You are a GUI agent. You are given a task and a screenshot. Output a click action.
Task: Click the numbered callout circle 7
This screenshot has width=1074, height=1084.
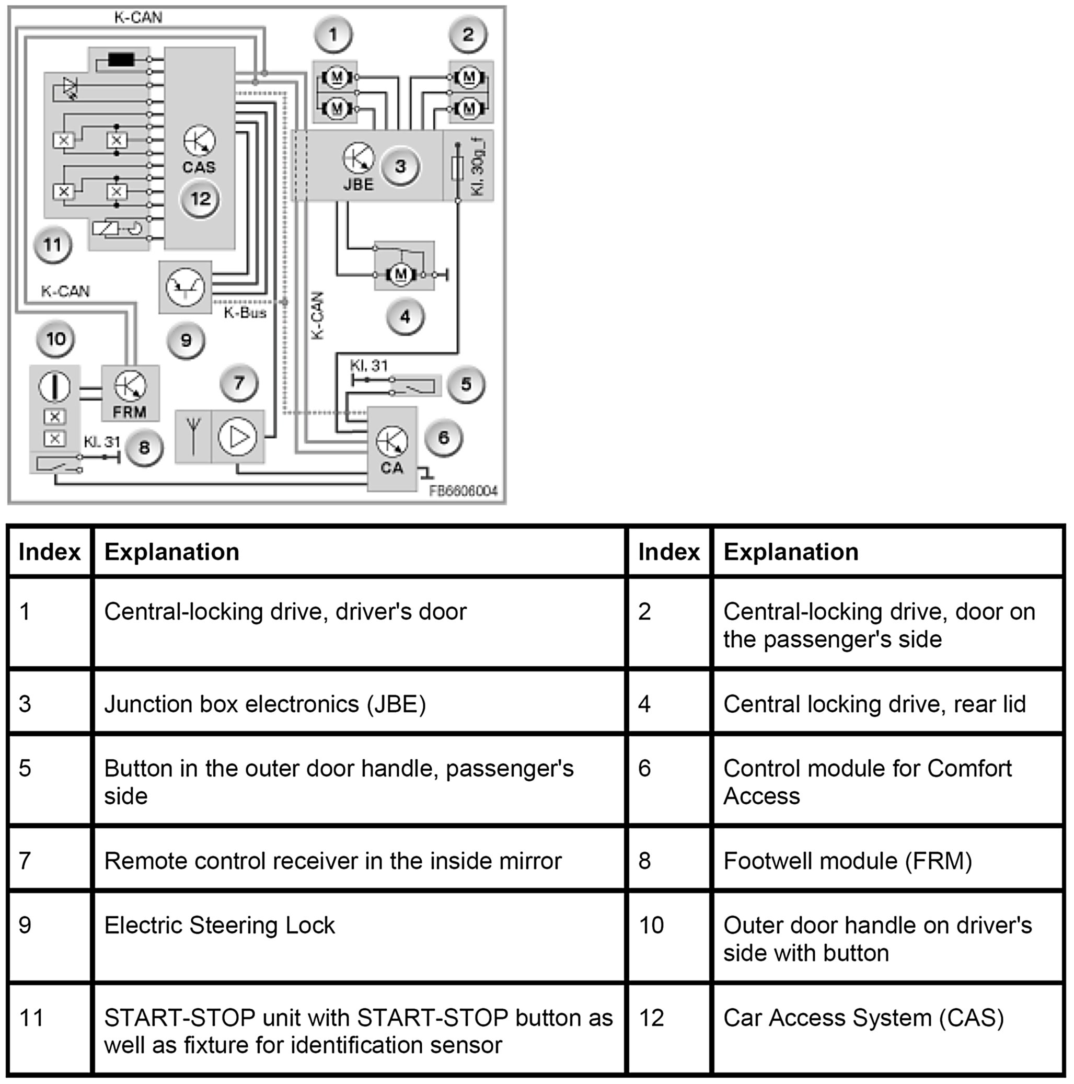point(239,383)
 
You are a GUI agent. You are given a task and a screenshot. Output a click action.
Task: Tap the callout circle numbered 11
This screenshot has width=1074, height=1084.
point(53,245)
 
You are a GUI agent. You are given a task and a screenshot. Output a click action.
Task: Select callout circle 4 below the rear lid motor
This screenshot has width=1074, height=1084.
point(405,317)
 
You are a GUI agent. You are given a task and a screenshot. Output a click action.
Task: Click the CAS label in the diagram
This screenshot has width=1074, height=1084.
point(199,167)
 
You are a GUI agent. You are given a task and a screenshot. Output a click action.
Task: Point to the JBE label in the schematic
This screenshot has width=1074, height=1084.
point(359,185)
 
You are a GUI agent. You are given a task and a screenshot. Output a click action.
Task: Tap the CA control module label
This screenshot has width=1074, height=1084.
point(391,468)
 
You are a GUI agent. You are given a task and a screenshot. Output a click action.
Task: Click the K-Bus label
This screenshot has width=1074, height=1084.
point(245,313)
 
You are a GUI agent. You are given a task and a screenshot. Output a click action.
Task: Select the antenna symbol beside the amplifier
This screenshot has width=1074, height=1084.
point(193,437)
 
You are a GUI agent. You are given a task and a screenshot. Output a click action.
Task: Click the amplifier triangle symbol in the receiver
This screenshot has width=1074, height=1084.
point(238,437)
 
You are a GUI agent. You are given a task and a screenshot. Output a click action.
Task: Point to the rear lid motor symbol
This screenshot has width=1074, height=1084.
point(400,275)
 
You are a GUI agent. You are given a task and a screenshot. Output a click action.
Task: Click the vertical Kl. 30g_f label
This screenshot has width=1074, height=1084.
point(478,167)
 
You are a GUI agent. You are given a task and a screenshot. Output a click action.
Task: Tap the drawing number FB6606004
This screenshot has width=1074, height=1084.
point(463,492)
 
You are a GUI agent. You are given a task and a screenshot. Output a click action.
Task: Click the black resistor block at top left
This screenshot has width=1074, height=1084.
point(121,60)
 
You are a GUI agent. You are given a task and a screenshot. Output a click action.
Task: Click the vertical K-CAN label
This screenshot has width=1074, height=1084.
point(317,315)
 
